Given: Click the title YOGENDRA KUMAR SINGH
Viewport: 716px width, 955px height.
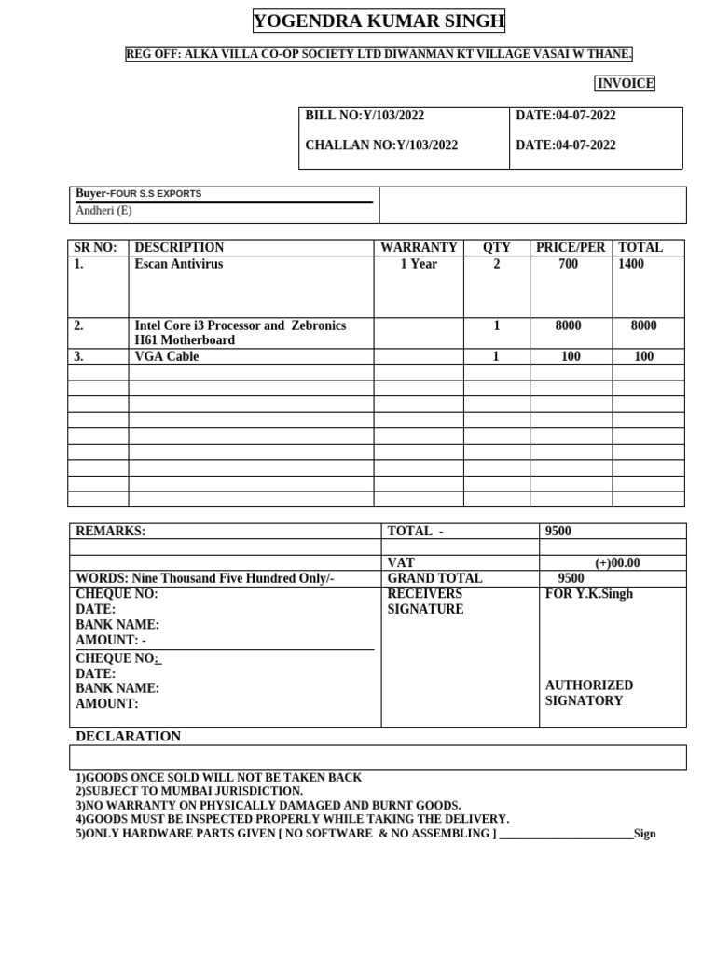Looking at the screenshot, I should (379, 21).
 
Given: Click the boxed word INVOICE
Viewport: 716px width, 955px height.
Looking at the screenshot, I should (626, 84).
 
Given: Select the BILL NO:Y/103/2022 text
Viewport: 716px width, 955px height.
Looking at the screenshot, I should (365, 116).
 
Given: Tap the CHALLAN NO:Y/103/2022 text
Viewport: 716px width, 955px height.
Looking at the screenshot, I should (381, 145).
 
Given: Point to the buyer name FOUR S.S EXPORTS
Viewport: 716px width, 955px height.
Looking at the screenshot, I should (156, 194).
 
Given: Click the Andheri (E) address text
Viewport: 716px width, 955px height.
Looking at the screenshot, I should (103, 211).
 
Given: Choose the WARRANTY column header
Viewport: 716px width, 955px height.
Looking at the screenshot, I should (419, 248).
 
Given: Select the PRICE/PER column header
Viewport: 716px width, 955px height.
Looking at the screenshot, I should (571, 248).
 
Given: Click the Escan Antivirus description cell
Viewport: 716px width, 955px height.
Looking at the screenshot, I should (179, 264).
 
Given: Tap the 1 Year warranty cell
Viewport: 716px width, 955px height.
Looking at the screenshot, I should (419, 264).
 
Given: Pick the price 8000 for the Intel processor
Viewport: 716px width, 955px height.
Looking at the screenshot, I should (569, 325).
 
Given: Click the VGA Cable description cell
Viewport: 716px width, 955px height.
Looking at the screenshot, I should (167, 356).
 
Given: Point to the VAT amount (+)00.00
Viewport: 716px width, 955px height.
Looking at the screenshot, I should (617, 563).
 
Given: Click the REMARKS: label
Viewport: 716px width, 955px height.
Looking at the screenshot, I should (110, 532).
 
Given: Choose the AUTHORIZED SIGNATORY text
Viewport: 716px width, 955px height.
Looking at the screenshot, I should (588, 693).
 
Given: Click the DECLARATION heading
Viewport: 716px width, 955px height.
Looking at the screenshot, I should (129, 737).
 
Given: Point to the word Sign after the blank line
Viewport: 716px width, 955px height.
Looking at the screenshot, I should (644, 834).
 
